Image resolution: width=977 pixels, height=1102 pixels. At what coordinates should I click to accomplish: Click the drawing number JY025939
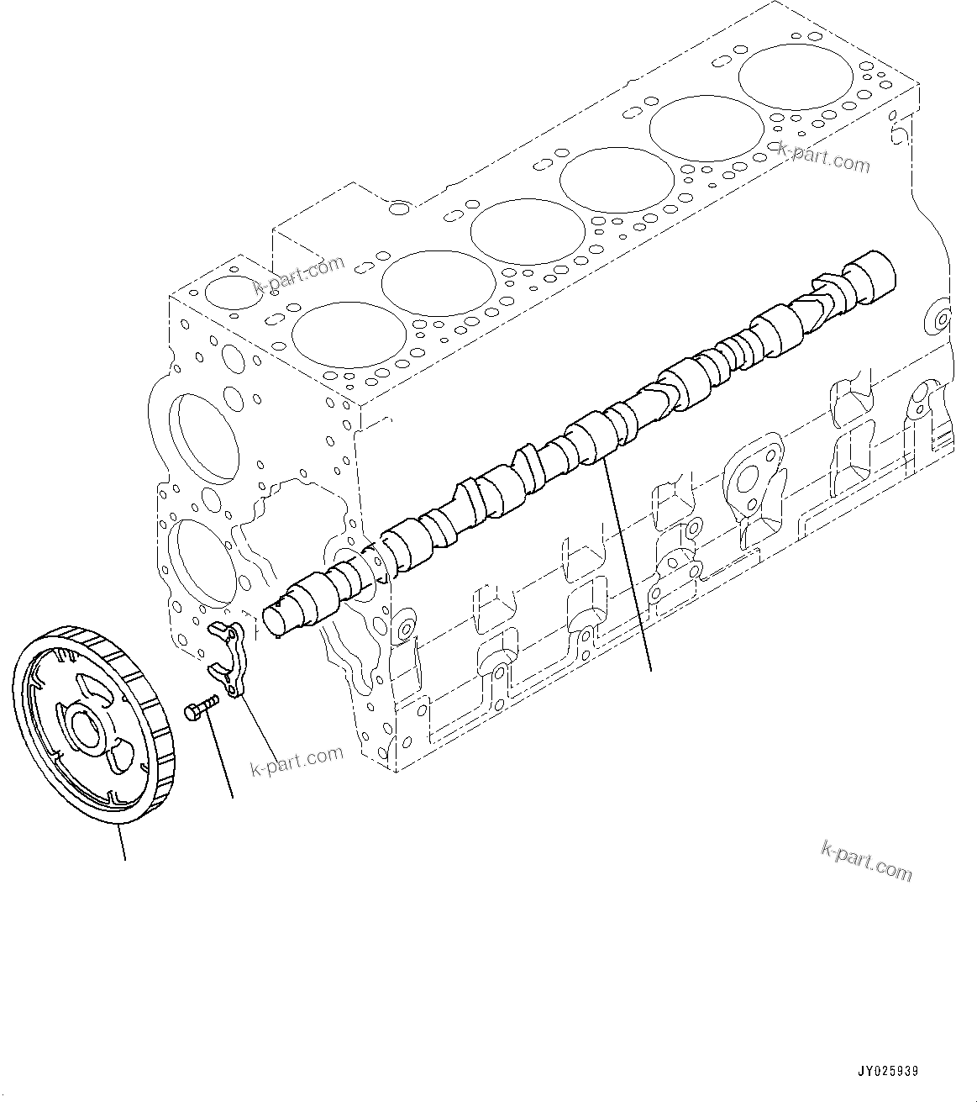[x=888, y=1072]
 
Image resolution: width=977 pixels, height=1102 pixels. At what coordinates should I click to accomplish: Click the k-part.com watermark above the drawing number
[x=866, y=862]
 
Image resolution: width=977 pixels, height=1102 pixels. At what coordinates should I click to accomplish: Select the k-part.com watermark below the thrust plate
[x=297, y=759]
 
